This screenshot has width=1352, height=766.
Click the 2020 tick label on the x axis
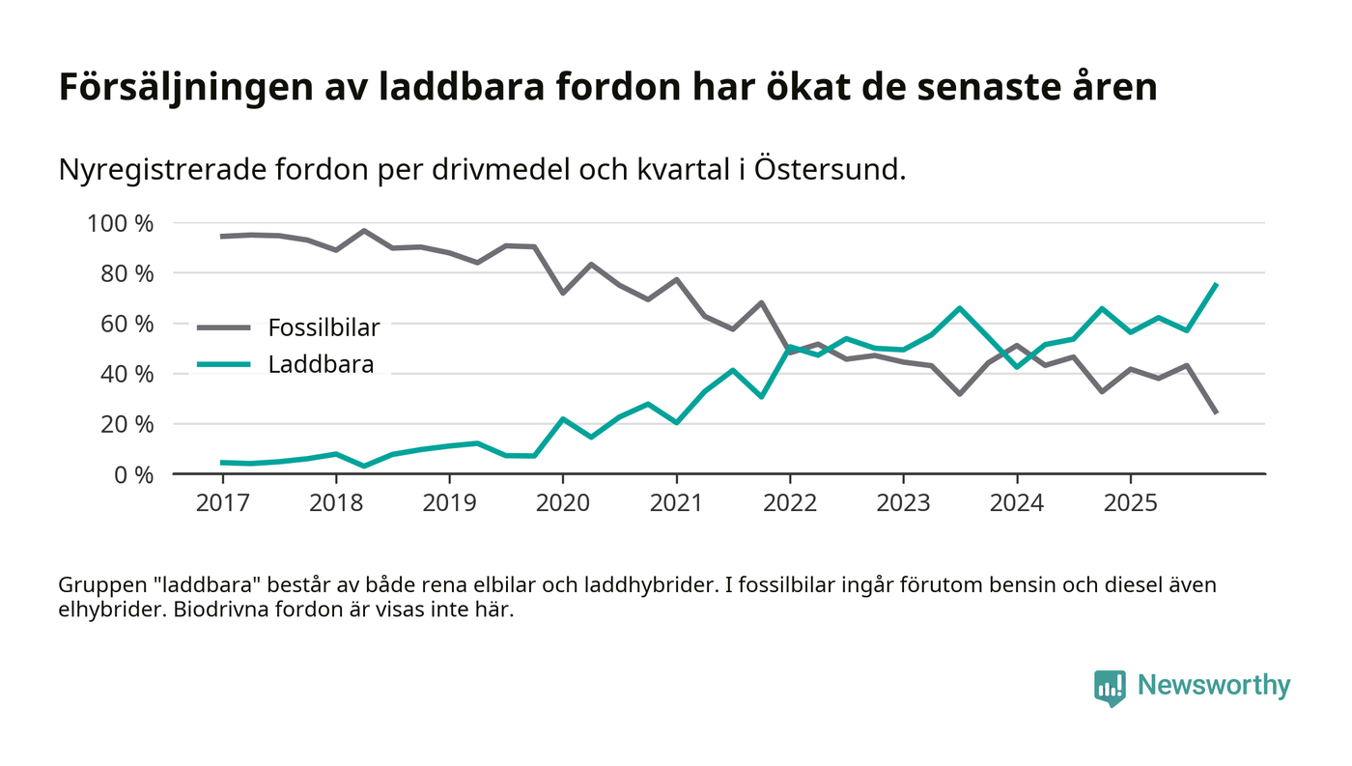pos(563,503)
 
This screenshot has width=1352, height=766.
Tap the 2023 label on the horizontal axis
pos(903,503)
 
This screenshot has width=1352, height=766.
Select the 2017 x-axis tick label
pos(222,503)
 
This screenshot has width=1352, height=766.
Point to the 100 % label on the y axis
pos(121,223)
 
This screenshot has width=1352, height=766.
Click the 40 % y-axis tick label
pos(127,374)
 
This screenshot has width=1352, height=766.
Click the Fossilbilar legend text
pos(324,327)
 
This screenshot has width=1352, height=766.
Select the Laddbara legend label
pos(321,365)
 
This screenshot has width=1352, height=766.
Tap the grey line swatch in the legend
pos(224,327)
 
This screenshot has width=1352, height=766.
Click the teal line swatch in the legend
pos(224,365)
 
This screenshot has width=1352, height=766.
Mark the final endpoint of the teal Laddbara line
pos(1216,284)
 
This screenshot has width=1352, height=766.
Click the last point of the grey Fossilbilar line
pos(1216,412)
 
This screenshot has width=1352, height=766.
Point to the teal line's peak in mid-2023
pos(959,308)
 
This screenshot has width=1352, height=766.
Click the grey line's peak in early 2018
pos(363,231)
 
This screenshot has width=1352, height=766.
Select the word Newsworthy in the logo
pos(1213,686)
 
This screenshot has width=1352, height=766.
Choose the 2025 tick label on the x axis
pos(1130,503)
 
